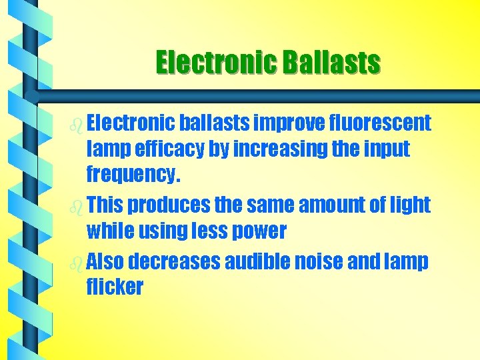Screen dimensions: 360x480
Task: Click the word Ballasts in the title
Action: [x=331, y=63]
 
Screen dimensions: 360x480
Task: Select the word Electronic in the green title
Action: [x=216, y=63]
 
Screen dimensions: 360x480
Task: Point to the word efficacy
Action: [x=169, y=149]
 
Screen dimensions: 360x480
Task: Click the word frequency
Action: [x=133, y=176]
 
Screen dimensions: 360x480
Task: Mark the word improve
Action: [x=290, y=123]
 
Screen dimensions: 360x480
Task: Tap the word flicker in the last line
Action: [x=115, y=287]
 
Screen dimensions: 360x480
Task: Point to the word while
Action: [x=111, y=231]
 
